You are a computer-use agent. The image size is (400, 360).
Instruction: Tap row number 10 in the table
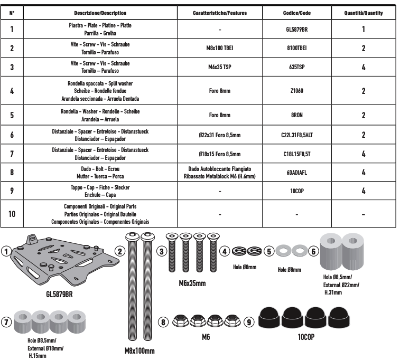coord(12,214)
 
